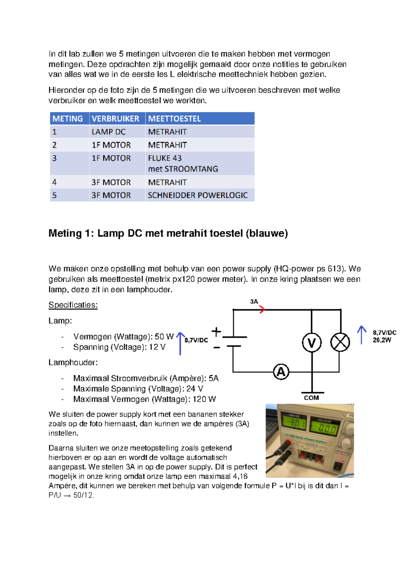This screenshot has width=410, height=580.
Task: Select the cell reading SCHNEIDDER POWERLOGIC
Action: pyautogui.click(x=198, y=195)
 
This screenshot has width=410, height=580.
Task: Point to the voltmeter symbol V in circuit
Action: pyautogui.click(x=312, y=343)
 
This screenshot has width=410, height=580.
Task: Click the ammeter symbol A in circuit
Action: pyautogui.click(x=281, y=372)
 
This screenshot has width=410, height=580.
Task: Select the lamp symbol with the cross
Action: pyautogui.click(x=340, y=342)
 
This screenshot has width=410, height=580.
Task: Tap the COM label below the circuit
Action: pyautogui.click(x=311, y=398)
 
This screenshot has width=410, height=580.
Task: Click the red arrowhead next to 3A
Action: pyautogui.click(x=262, y=309)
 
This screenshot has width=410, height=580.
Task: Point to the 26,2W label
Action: pyautogui.click(x=382, y=340)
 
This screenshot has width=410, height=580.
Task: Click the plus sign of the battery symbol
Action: pyautogui.click(x=216, y=332)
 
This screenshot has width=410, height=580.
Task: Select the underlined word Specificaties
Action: pyautogui.click(x=73, y=305)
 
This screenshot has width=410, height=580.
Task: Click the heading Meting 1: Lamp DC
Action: pyautogui.click(x=168, y=233)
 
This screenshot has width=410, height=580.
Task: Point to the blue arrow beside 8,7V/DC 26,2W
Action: pyautogui.click(x=361, y=334)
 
